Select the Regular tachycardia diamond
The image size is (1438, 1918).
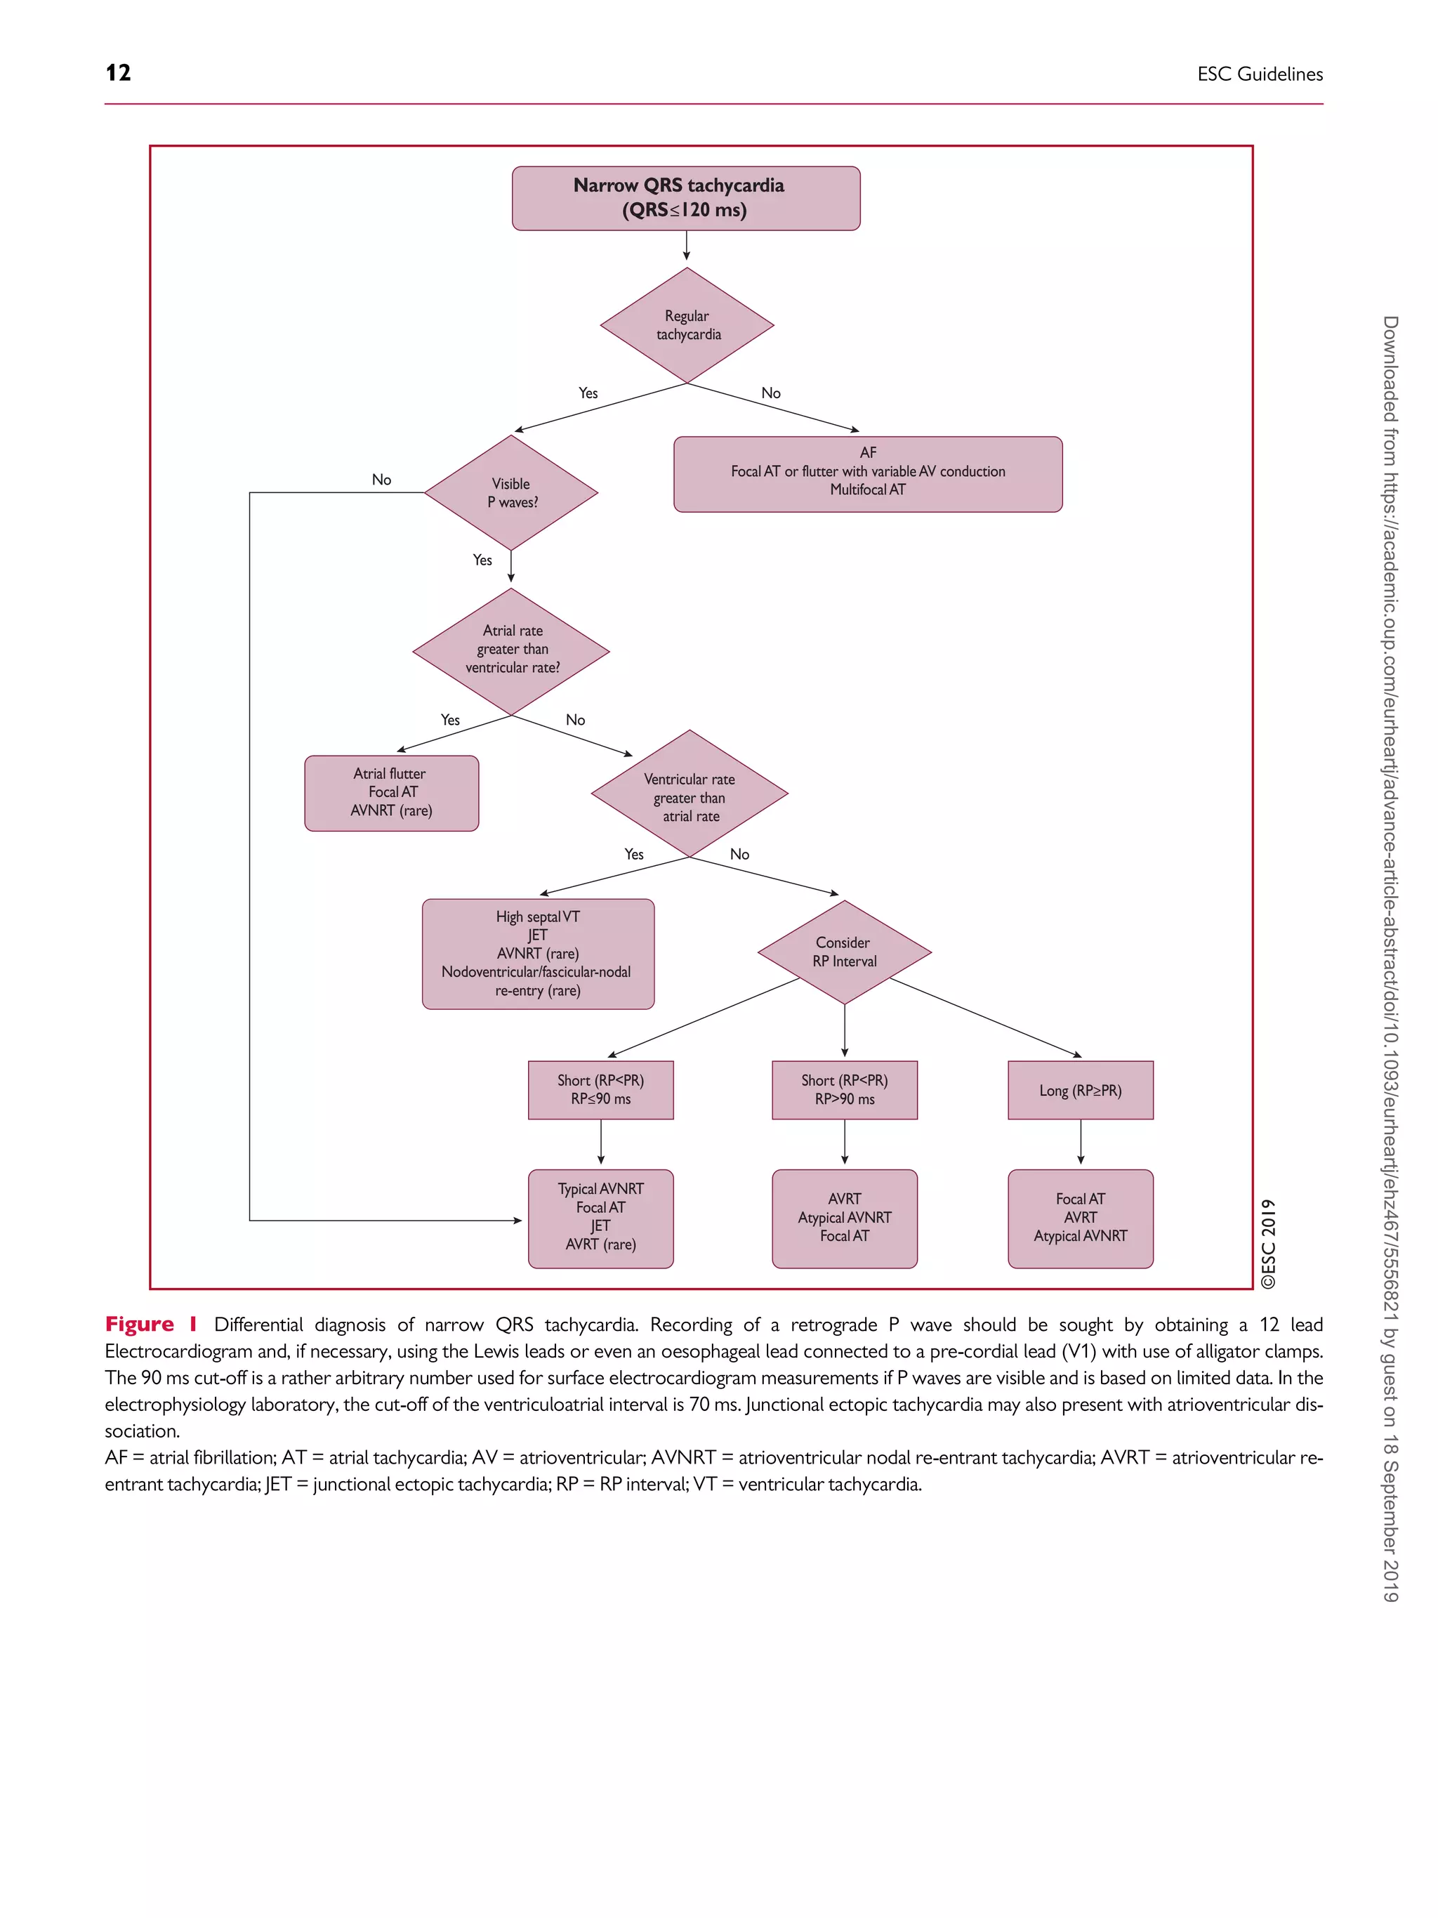pyautogui.click(x=687, y=325)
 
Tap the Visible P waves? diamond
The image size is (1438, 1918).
pyautogui.click(x=511, y=492)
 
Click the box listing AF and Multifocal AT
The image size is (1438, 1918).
pyautogui.click(x=868, y=473)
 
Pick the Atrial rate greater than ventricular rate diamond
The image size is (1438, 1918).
pyautogui.click(x=511, y=650)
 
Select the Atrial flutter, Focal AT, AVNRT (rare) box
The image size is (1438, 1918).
pyautogui.click(x=391, y=792)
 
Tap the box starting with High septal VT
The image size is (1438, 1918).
pyautogui.click(x=537, y=954)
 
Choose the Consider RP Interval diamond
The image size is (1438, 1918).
pyautogui.click(x=844, y=952)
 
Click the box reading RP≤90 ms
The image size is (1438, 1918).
pyautogui.click(x=600, y=1090)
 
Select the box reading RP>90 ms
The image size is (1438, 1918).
pyautogui.click(x=844, y=1090)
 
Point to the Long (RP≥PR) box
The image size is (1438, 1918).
pyautogui.click(x=1080, y=1091)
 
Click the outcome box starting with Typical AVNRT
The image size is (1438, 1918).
pyautogui.click(x=600, y=1217)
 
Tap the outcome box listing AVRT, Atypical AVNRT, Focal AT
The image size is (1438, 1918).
pyautogui.click(x=844, y=1217)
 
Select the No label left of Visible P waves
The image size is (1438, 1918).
pyautogui.click(x=381, y=480)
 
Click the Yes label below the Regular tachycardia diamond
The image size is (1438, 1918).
pyautogui.click(x=588, y=393)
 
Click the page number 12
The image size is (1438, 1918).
pyautogui.click(x=118, y=73)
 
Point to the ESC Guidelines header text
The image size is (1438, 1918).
pyautogui.click(x=1260, y=74)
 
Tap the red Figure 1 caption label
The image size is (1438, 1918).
pyautogui.click(x=151, y=1324)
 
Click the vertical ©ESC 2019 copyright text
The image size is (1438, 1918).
pyautogui.click(x=1269, y=1243)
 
